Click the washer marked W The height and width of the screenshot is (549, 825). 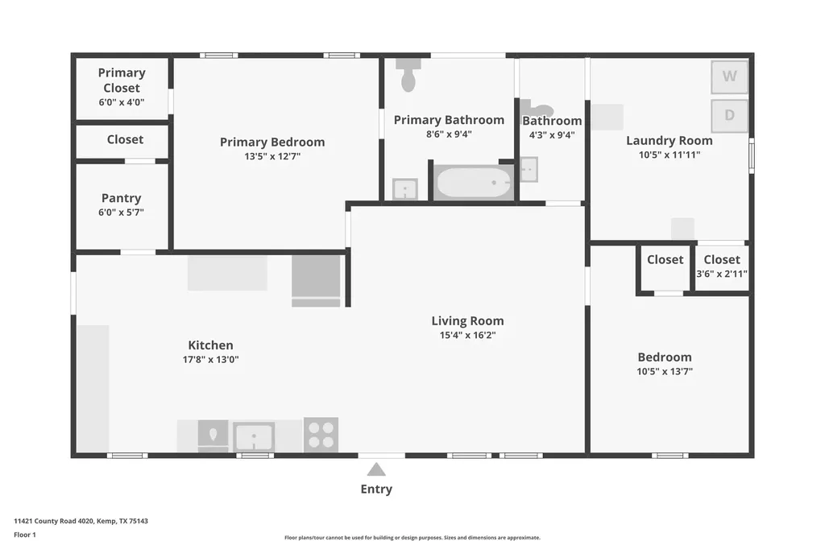click(x=729, y=76)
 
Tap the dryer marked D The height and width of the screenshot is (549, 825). click(x=729, y=116)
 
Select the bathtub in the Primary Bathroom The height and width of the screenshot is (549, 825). click(x=474, y=182)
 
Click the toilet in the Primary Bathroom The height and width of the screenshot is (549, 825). click(x=408, y=74)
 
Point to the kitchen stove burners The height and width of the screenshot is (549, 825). click(x=321, y=435)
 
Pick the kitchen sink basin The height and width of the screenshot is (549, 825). click(x=254, y=437)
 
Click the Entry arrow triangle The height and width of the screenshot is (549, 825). click(x=376, y=469)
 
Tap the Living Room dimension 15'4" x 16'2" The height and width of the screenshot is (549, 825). click(x=468, y=335)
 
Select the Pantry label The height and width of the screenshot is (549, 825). click(x=121, y=198)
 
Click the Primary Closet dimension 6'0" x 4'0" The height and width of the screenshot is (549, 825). click(x=122, y=102)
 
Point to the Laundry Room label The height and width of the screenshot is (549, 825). click(x=670, y=140)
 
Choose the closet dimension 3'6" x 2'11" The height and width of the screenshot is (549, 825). click(x=722, y=274)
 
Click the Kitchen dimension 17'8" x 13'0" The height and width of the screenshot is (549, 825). click(x=210, y=360)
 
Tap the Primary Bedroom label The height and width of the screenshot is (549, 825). click(x=272, y=142)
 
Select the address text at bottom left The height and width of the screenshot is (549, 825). click(x=81, y=521)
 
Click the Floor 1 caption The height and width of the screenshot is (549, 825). click(x=25, y=535)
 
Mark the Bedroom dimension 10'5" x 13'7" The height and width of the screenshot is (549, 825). click(x=665, y=371)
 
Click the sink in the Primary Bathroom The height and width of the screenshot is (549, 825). click(x=405, y=189)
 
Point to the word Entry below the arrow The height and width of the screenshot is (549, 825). click(x=376, y=489)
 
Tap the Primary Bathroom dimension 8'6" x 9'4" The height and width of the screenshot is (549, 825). click(x=449, y=134)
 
